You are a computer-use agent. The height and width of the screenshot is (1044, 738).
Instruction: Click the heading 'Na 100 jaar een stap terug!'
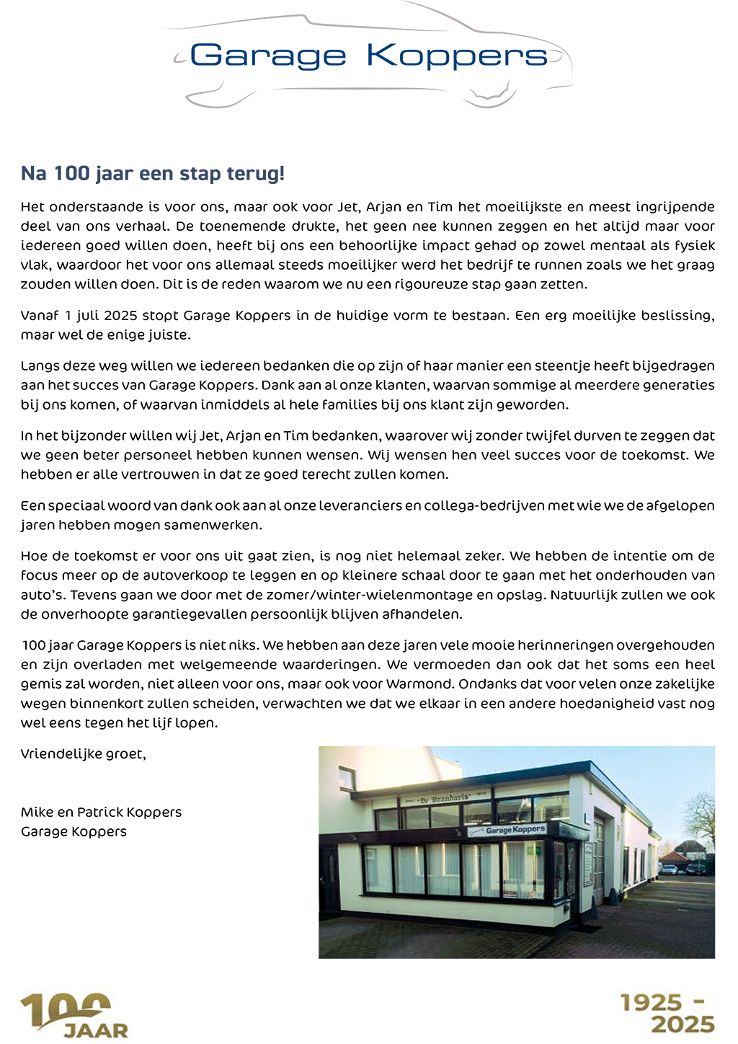tap(153, 174)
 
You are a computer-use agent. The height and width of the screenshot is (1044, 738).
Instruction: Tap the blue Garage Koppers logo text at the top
tap(368, 56)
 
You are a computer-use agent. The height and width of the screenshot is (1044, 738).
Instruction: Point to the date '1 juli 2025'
tap(99, 315)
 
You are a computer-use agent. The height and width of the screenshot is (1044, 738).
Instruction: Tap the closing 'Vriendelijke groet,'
tap(84, 754)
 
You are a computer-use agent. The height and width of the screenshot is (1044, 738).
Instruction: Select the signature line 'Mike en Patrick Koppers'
tap(101, 812)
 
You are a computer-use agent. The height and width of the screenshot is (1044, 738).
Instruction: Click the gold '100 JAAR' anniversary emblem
tap(74, 1016)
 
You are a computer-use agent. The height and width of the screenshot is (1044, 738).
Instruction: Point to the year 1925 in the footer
tap(651, 1003)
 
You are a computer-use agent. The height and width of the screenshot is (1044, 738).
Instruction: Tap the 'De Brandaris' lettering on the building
tap(444, 798)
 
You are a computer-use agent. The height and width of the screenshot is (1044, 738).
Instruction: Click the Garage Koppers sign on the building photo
tap(515, 830)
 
